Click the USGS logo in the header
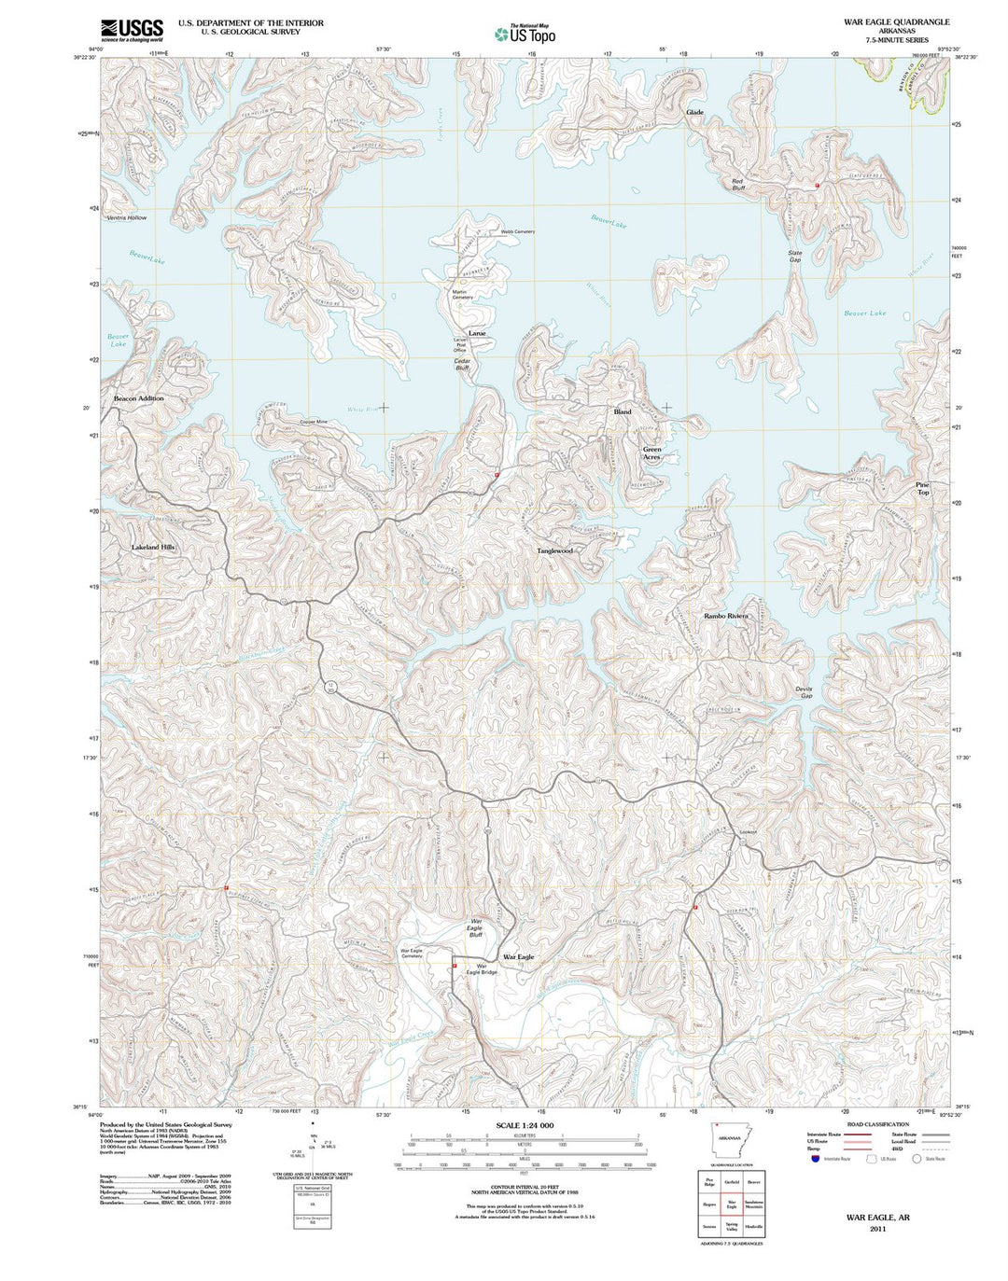pyautogui.click(x=132, y=30)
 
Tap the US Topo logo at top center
pyautogui.click(x=525, y=35)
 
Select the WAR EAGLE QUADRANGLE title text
pyautogui.click(x=896, y=21)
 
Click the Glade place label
pyautogui.click(x=694, y=112)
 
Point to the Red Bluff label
pyautogui.click(x=737, y=185)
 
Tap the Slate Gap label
pyautogui.click(x=794, y=256)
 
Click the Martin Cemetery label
pyautogui.click(x=462, y=295)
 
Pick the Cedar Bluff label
pyautogui.click(x=462, y=364)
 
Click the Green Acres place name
pyautogui.click(x=651, y=453)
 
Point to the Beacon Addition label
pyautogui.click(x=138, y=398)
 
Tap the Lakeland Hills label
pyautogui.click(x=153, y=547)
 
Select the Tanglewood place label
pyautogui.click(x=554, y=550)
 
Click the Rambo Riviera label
pyautogui.click(x=726, y=616)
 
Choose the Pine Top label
pyautogui.click(x=922, y=488)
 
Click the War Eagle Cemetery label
pyautogui.click(x=412, y=954)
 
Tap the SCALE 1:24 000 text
pyautogui.click(x=525, y=1125)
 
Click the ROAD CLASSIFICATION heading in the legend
pyautogui.click(x=876, y=1124)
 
